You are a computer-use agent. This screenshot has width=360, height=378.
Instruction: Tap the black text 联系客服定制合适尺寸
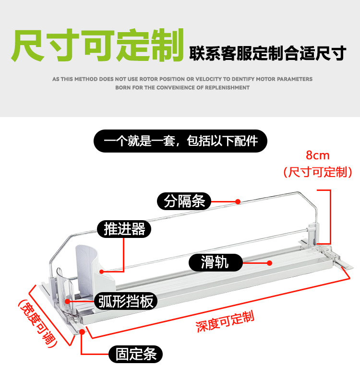(267, 53)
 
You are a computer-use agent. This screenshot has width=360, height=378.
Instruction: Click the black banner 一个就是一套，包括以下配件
(180, 141)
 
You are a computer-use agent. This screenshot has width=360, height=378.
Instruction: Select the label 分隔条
(184, 201)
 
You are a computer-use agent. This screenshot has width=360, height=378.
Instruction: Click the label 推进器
(124, 229)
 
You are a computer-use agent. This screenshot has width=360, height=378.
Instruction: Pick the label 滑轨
(215, 262)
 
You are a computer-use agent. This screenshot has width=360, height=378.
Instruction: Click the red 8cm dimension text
(318, 155)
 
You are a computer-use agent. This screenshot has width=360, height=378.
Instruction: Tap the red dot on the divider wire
(238, 201)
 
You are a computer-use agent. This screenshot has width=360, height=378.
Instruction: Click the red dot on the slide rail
(270, 262)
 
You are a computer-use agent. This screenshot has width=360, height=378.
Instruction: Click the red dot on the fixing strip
(82, 331)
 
